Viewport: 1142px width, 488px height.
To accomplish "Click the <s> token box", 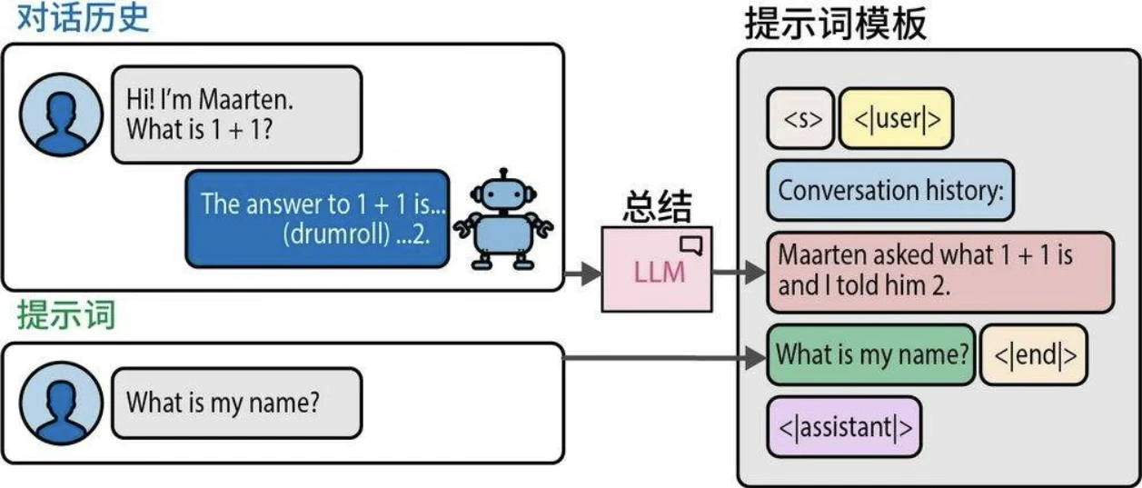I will (x=800, y=118).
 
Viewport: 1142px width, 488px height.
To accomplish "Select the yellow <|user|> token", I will (x=896, y=118).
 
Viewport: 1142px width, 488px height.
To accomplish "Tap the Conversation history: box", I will (x=890, y=191).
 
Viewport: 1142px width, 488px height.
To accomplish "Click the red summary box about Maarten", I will (x=940, y=271).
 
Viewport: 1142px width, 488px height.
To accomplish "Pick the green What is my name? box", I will (x=871, y=354).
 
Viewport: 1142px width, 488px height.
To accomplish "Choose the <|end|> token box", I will (x=1033, y=354).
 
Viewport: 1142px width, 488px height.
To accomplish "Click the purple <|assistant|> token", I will (x=844, y=426).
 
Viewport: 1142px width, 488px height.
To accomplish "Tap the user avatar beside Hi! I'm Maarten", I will (x=60, y=114).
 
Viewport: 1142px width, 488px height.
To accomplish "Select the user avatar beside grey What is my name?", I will (x=60, y=403).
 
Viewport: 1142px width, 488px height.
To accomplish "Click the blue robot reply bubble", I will (x=317, y=218).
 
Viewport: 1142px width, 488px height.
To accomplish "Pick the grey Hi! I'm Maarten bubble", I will (x=236, y=114).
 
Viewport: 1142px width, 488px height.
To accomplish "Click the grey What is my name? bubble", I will (x=236, y=403).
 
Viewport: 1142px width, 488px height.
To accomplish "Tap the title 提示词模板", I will (x=835, y=24).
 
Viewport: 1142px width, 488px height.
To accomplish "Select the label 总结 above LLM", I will (x=656, y=209).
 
